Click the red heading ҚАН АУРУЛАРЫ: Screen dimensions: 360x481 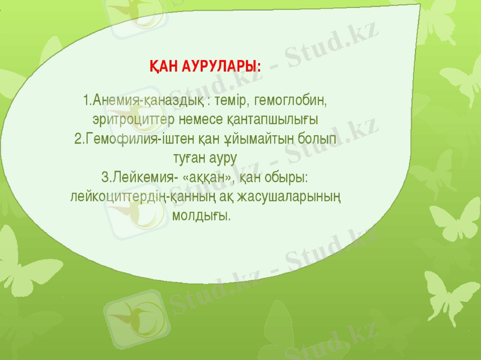[205, 65]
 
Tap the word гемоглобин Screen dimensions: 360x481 [291, 98]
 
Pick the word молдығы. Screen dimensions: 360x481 [201, 215]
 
